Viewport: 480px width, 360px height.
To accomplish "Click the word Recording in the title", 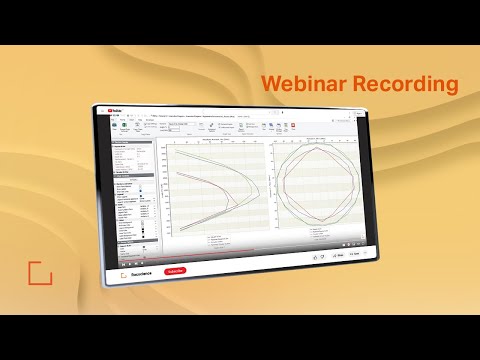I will (407, 84).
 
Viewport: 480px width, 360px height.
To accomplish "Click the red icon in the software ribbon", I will (294, 127).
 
